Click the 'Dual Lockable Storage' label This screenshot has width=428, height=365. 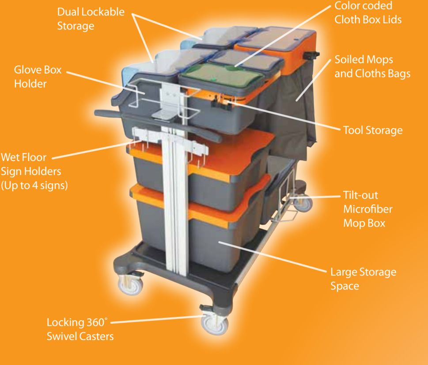click(91, 19)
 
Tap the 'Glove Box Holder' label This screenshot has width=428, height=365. click(38, 77)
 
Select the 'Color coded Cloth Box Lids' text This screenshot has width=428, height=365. click(368, 12)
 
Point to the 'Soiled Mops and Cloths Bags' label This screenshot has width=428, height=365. click(372, 66)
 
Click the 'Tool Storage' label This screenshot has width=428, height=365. click(373, 130)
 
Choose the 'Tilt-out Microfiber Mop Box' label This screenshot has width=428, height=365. click(367, 209)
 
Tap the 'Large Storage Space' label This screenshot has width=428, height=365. click(364, 279)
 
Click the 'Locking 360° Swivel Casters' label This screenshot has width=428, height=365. click(80, 329)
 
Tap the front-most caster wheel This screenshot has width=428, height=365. click(215, 324)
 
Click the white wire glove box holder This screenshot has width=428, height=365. click(163, 100)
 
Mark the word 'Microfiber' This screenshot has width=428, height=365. click(367, 209)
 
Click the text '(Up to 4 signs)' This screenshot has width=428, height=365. click(34, 185)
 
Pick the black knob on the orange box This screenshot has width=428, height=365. click(311, 56)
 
